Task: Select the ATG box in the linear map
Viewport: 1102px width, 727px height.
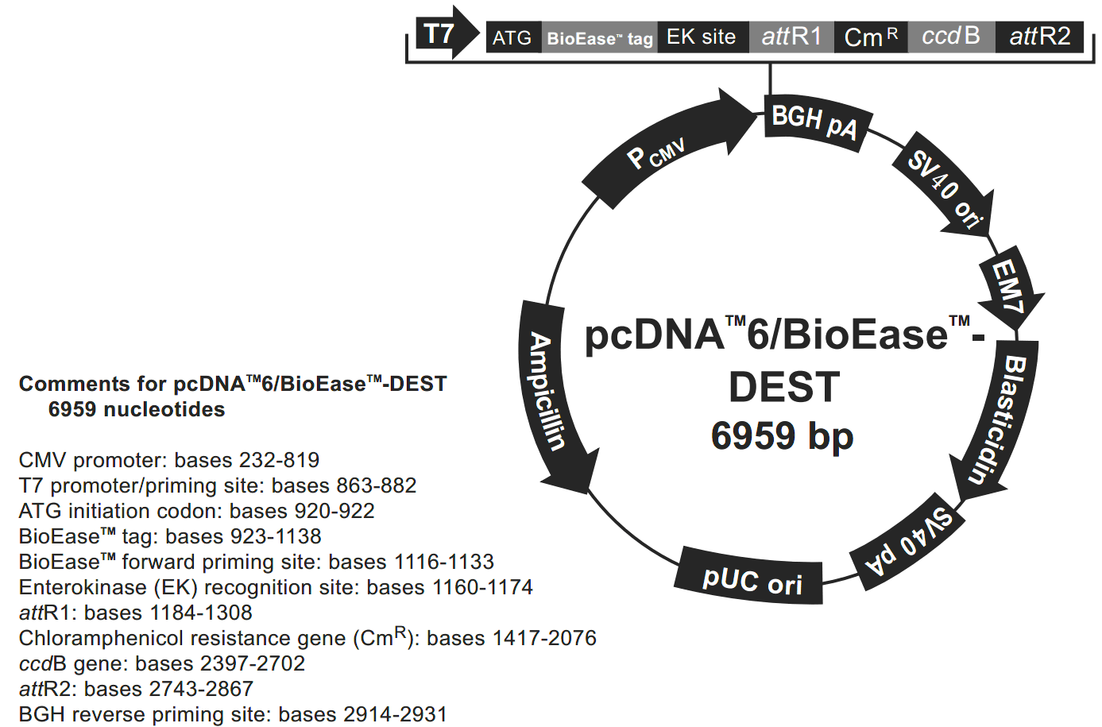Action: tap(512, 37)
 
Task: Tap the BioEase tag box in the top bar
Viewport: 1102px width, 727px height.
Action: tap(599, 37)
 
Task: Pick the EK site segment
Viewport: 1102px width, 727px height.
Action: tap(702, 37)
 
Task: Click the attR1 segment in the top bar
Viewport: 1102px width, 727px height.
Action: tap(791, 37)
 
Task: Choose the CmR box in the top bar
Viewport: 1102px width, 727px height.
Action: tap(870, 37)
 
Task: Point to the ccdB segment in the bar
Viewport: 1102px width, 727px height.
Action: tap(950, 37)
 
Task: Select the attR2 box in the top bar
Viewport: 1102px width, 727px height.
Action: tap(1039, 37)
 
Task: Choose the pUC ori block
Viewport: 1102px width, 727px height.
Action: tap(751, 578)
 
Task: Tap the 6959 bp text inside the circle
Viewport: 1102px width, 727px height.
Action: tap(782, 436)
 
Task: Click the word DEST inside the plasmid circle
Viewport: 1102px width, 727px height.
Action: tap(784, 388)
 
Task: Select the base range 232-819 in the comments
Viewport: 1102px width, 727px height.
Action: tap(279, 460)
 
